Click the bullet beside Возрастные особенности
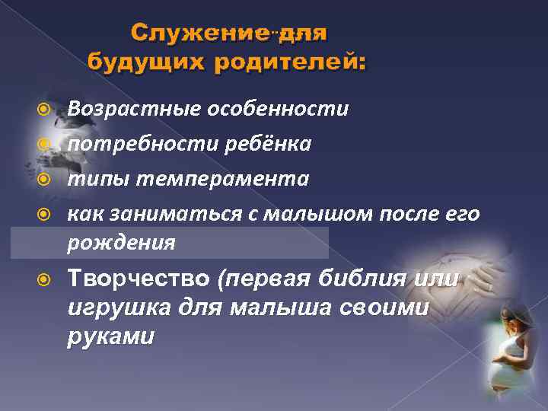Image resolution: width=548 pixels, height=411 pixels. (x=46, y=109)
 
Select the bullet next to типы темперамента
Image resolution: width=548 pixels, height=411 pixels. (x=46, y=179)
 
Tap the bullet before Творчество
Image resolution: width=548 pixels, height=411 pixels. (x=46, y=279)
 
